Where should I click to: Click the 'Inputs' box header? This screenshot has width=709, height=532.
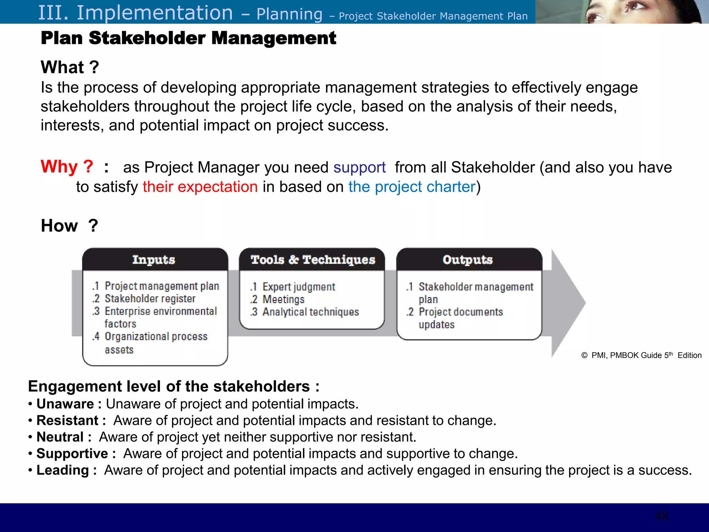click(154, 260)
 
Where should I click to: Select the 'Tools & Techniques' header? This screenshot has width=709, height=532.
click(313, 260)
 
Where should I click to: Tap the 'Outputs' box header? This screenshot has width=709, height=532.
click(467, 260)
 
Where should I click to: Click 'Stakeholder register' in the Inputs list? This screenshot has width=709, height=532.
click(150, 299)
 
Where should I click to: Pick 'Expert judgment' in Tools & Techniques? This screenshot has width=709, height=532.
click(298, 287)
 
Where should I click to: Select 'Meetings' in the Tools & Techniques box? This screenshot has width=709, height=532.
click(283, 299)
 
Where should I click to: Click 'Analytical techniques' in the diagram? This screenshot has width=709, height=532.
click(311, 312)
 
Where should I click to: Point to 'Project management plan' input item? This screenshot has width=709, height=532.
click(162, 286)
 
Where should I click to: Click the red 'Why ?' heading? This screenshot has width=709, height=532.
click(67, 167)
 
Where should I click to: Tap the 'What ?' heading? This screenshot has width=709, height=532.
click(70, 67)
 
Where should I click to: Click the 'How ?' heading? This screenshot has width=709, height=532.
click(70, 226)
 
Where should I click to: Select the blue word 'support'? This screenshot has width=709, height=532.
click(359, 168)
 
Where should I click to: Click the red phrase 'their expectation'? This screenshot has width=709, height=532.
click(200, 187)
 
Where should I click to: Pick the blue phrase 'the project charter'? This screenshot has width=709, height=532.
click(412, 187)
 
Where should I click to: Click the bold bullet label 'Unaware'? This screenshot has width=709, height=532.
click(65, 404)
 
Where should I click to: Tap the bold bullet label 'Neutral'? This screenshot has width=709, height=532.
click(60, 437)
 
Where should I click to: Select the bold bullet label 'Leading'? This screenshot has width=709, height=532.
click(63, 470)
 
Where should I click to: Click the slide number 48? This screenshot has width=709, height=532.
click(661, 516)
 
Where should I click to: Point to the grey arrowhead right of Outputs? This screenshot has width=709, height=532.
click(568, 303)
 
